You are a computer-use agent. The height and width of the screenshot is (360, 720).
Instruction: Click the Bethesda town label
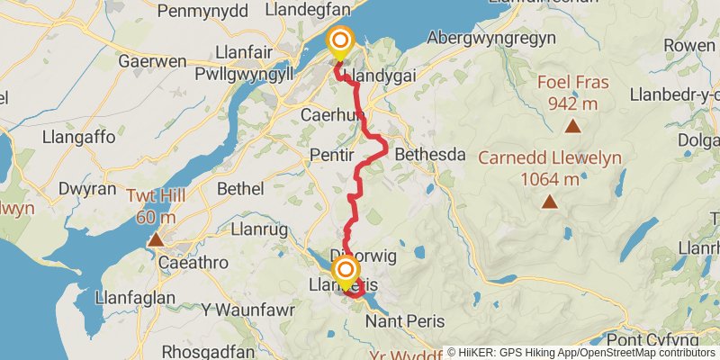coord(430,155)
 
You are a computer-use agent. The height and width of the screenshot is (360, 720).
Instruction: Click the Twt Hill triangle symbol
coord(157,239)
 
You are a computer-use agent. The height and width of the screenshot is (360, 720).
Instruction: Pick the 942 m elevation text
coord(573,103)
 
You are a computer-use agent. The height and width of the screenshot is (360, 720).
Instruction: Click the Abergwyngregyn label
coord(491,38)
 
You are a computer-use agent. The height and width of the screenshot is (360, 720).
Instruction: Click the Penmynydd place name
coord(195,11)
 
